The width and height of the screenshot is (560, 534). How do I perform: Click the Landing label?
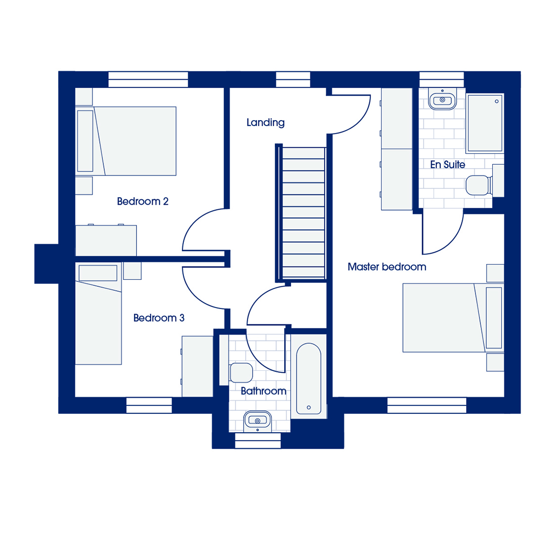265,123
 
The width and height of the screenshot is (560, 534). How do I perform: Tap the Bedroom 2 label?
142,201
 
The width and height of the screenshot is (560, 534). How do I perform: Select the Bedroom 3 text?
159,318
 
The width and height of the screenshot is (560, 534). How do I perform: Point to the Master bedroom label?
387,267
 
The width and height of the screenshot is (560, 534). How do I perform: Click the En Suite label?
447,165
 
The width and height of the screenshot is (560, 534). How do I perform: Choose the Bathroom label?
263,391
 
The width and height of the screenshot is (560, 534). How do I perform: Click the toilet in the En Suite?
479,185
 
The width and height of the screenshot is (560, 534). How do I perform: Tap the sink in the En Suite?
442,99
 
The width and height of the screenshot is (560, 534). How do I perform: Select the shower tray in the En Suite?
485,123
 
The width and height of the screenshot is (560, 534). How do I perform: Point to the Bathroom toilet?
239,372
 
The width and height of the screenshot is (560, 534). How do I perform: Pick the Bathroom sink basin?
258,421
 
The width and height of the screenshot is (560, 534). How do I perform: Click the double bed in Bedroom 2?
126,141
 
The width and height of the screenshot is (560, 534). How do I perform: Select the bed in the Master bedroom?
453,318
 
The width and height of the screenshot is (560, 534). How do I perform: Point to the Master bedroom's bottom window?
427,405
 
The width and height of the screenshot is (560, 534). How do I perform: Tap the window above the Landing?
293,79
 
